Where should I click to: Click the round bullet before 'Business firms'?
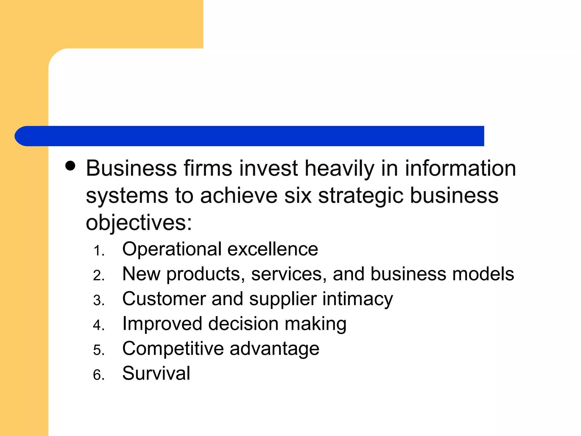(x=70, y=166)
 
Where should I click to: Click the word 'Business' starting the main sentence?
(x=131, y=168)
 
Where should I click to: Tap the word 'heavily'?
(x=339, y=169)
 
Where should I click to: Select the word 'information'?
(x=460, y=168)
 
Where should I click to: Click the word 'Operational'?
(x=172, y=249)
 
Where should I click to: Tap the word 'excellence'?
(x=273, y=249)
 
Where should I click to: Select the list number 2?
(x=98, y=276)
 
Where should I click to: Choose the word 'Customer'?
(x=164, y=299)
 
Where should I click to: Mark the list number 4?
(x=98, y=325)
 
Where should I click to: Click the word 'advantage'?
(x=274, y=349)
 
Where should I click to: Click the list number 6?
(x=98, y=375)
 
